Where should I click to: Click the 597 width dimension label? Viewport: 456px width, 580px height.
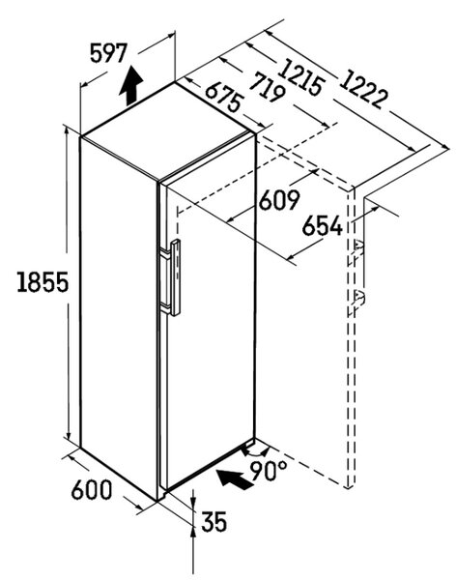(109, 53)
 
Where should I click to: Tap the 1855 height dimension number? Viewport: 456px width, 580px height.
(43, 282)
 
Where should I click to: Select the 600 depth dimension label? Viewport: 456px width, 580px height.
(92, 490)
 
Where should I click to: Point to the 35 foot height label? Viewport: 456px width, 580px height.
(214, 522)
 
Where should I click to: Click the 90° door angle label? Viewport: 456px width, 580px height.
(269, 470)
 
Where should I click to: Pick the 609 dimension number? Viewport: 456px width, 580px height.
(278, 200)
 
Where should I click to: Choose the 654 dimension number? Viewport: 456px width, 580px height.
(322, 226)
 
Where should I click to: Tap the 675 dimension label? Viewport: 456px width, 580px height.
(224, 97)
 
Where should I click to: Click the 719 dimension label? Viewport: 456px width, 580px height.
(268, 89)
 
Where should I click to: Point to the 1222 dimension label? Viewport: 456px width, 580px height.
(363, 91)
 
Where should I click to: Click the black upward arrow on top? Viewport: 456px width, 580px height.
(131, 87)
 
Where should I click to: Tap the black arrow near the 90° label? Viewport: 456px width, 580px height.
(234, 479)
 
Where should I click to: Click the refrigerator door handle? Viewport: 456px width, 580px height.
(175, 277)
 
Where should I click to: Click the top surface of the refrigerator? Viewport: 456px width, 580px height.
(168, 130)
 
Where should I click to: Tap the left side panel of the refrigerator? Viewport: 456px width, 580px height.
(118, 318)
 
